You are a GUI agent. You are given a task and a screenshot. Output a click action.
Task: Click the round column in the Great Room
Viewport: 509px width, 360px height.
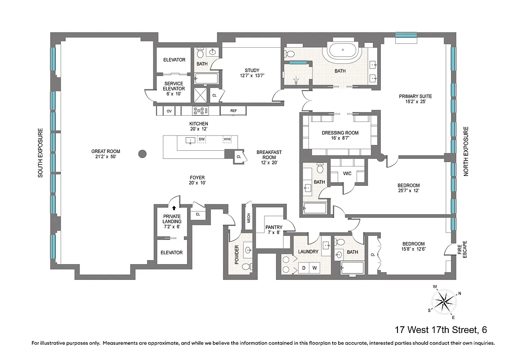pos(142,154)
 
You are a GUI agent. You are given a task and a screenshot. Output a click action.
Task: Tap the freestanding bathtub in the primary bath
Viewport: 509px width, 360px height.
pos(344,53)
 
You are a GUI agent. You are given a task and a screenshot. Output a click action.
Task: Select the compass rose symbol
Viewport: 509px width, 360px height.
pos(443,301)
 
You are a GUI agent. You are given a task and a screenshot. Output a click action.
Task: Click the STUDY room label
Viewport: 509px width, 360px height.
pos(252,70)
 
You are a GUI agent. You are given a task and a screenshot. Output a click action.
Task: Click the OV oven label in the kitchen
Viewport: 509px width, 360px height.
pos(169,111)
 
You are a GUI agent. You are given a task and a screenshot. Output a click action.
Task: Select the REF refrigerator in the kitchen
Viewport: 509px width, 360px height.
pos(233,111)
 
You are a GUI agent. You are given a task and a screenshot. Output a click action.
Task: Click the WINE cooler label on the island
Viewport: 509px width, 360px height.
pos(227,139)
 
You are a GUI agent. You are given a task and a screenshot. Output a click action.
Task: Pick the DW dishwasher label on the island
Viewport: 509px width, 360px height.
pos(202,139)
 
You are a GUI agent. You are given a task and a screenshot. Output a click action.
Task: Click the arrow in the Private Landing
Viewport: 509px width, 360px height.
pos(174,208)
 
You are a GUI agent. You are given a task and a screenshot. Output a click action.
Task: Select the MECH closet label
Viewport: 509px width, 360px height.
pos(248,218)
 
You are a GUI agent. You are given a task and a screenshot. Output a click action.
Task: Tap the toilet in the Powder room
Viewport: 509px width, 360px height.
pos(246,267)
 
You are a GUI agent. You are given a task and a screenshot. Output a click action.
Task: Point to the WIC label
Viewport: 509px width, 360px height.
pos(348,173)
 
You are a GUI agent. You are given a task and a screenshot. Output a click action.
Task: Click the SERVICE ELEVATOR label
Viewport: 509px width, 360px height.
pos(174,86)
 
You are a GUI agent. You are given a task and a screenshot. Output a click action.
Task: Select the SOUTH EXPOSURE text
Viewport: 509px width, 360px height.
pos(40,153)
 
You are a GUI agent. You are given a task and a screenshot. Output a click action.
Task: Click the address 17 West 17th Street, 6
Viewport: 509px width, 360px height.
pos(441,330)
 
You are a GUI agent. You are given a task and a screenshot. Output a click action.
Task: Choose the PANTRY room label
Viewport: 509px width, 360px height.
pos(273,227)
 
